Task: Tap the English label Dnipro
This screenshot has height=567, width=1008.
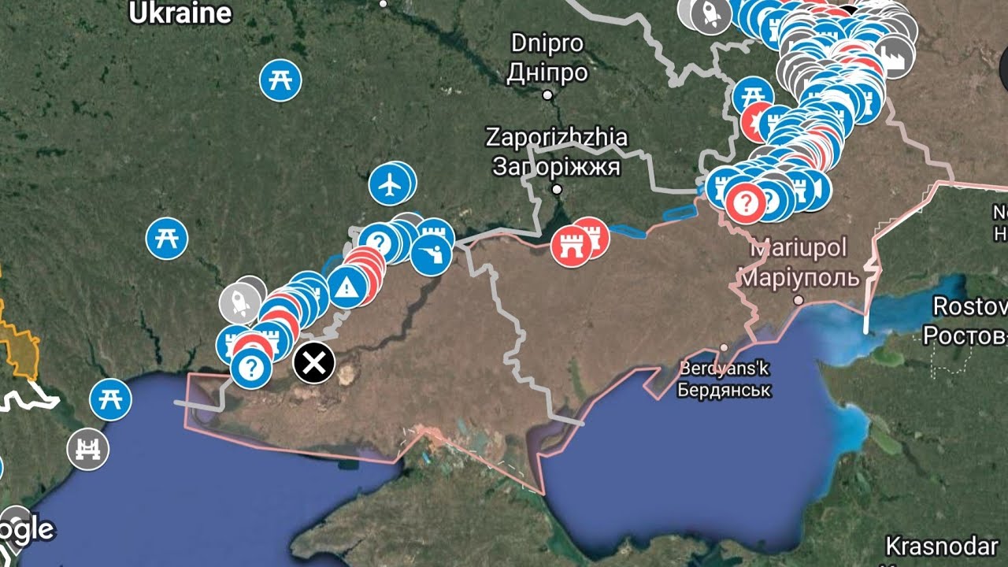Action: (x=547, y=43)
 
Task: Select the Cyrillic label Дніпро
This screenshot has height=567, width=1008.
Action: (x=547, y=72)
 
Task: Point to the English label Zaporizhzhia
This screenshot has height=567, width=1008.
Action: (x=557, y=138)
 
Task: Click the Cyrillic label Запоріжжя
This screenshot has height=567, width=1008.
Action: (x=557, y=166)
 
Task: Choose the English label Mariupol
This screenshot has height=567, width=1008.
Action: (x=799, y=249)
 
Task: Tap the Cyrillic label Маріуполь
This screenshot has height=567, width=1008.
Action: (x=799, y=277)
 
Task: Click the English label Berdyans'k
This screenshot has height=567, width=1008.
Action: (x=724, y=369)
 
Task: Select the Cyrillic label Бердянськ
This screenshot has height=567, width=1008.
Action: (x=724, y=390)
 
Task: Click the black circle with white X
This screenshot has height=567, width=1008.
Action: (x=314, y=363)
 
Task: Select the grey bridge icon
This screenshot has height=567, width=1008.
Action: (x=88, y=450)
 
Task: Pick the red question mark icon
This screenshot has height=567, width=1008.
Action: (x=744, y=202)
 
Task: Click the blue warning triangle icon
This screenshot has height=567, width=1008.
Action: (x=346, y=287)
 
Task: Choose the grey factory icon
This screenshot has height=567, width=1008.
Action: (x=895, y=56)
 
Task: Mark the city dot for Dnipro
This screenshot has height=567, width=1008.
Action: (x=548, y=94)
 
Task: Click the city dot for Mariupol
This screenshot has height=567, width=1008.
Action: (x=799, y=300)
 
